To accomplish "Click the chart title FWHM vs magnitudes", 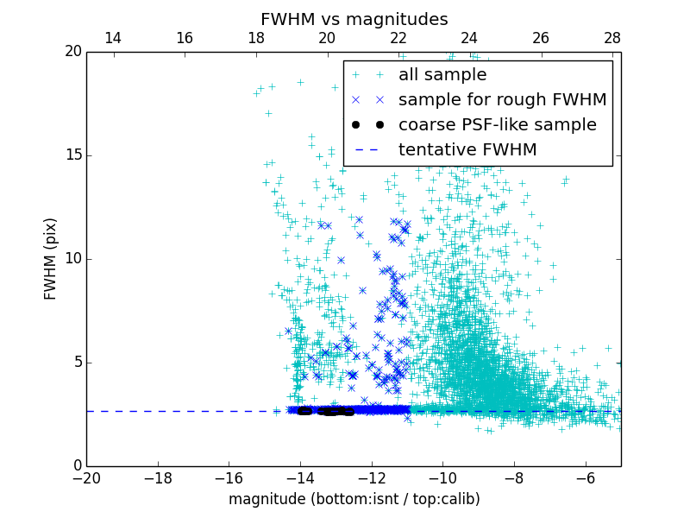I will (354, 19).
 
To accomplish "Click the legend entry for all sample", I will (442, 75).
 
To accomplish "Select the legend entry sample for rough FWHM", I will (502, 100).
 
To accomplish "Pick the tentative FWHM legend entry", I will (467, 150).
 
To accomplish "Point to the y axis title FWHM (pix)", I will (51, 259).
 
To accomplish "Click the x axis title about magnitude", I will (354, 500).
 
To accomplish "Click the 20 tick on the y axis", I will (72, 52).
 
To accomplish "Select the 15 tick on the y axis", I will (72, 155).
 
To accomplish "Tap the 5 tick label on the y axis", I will (76, 363).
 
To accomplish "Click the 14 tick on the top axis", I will (113, 38).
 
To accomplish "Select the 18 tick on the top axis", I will (256, 38).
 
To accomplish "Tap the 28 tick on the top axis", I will (612, 38).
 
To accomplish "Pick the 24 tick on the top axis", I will (470, 38).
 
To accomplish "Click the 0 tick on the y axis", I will (76, 466).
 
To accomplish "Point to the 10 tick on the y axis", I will (72, 259).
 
